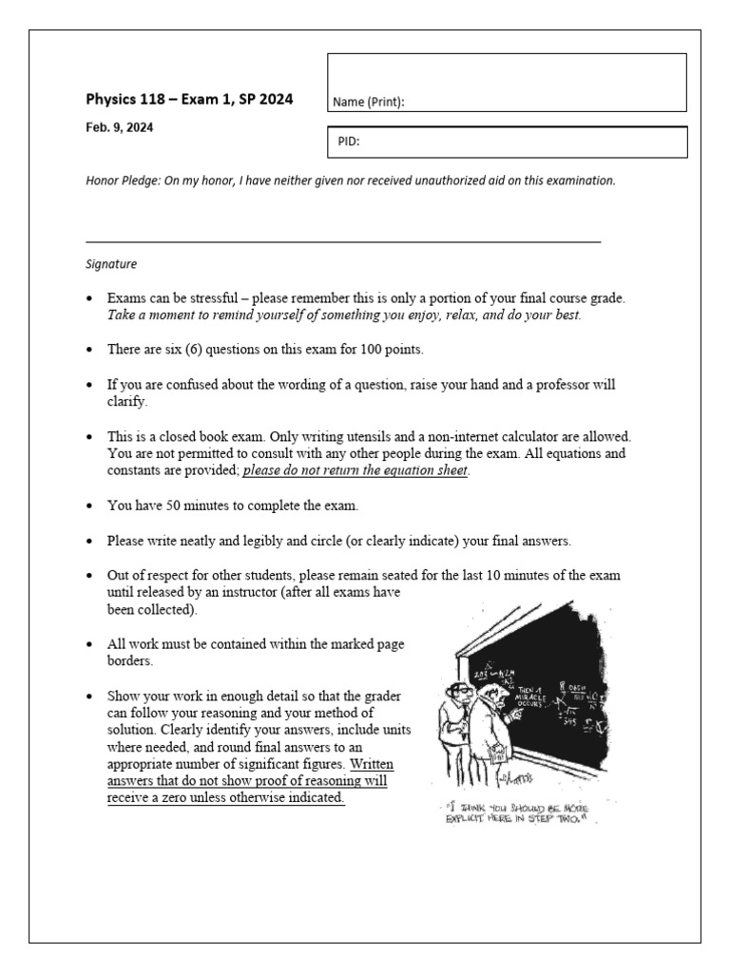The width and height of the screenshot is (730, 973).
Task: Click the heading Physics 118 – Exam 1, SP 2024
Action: (189, 99)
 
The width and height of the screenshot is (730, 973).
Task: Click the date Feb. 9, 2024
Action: (119, 127)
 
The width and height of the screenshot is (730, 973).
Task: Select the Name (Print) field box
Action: (507, 83)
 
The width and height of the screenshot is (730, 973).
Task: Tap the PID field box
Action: (507, 143)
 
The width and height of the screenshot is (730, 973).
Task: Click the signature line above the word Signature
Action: (343, 242)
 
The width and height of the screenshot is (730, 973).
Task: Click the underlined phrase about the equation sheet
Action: (355, 470)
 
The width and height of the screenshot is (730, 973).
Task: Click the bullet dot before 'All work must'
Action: (88, 645)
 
